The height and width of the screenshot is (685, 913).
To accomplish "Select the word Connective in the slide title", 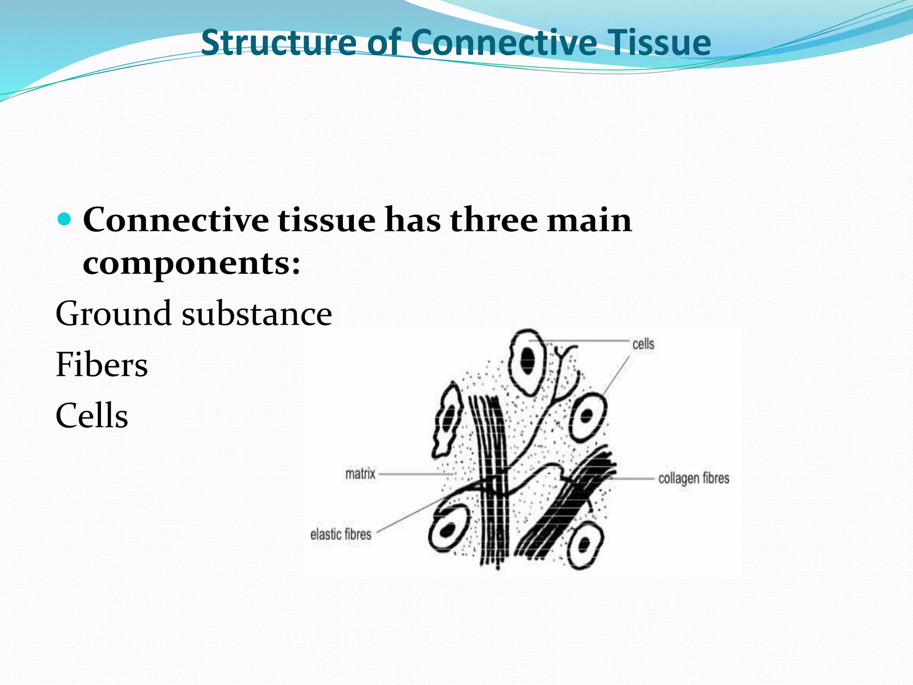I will pos(504,42).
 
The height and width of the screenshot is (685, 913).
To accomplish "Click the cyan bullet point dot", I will pos(65,219).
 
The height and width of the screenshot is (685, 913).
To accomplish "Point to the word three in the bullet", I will pos(494,220).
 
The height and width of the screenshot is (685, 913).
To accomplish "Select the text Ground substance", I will pos(193,314).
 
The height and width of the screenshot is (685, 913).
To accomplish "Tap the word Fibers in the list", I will pos(102,365).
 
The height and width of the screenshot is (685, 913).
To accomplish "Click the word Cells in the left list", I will pos(92,416).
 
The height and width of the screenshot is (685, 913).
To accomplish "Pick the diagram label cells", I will pos(643,344).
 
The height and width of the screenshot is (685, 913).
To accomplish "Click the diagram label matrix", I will pos(360,474).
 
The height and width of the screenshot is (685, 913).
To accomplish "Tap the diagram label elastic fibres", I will pos(341,534).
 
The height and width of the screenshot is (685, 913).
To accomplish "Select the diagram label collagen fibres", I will pos(694,479).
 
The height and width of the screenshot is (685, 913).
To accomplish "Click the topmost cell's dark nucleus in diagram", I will pos(528,359).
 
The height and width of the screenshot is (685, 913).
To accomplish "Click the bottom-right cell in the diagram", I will pos(585,546).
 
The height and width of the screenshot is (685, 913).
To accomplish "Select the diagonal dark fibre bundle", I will pos(566,504).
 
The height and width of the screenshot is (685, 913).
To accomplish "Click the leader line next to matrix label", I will pos(415,474).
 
